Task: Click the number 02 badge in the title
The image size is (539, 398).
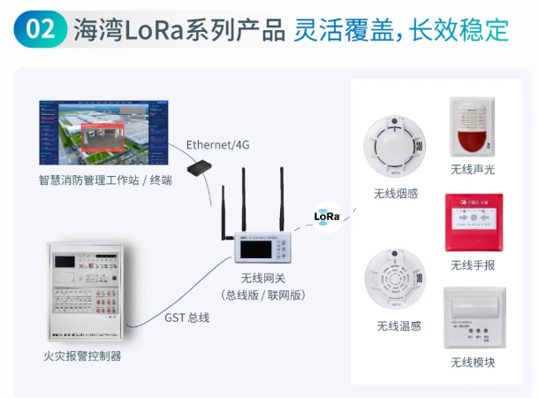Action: point(42,28)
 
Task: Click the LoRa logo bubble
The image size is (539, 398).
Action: point(327,215)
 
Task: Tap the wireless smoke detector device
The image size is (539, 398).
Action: point(396,148)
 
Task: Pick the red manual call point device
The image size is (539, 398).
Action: point(474,223)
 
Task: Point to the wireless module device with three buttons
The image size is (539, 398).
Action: point(474,318)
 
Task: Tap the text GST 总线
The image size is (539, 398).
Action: point(186,317)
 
